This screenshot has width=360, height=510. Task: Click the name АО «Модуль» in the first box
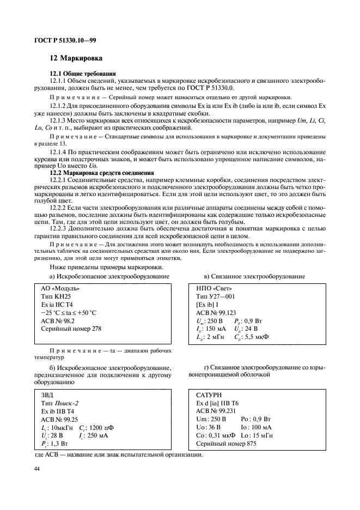pyautogui.click(x=60, y=288)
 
